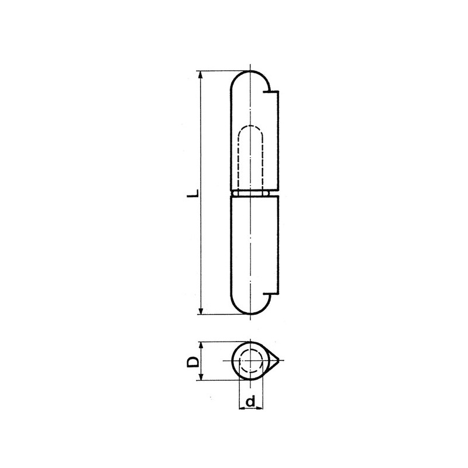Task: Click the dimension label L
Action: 194,192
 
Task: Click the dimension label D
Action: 194,362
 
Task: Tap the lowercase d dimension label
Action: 251,402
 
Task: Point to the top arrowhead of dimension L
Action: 201,75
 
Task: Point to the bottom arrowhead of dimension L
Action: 201,311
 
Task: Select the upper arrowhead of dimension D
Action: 201,346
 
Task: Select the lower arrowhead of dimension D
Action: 201,377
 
